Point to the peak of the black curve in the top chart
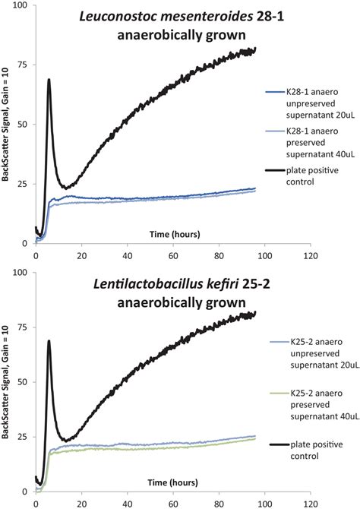click(x=49, y=80)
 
